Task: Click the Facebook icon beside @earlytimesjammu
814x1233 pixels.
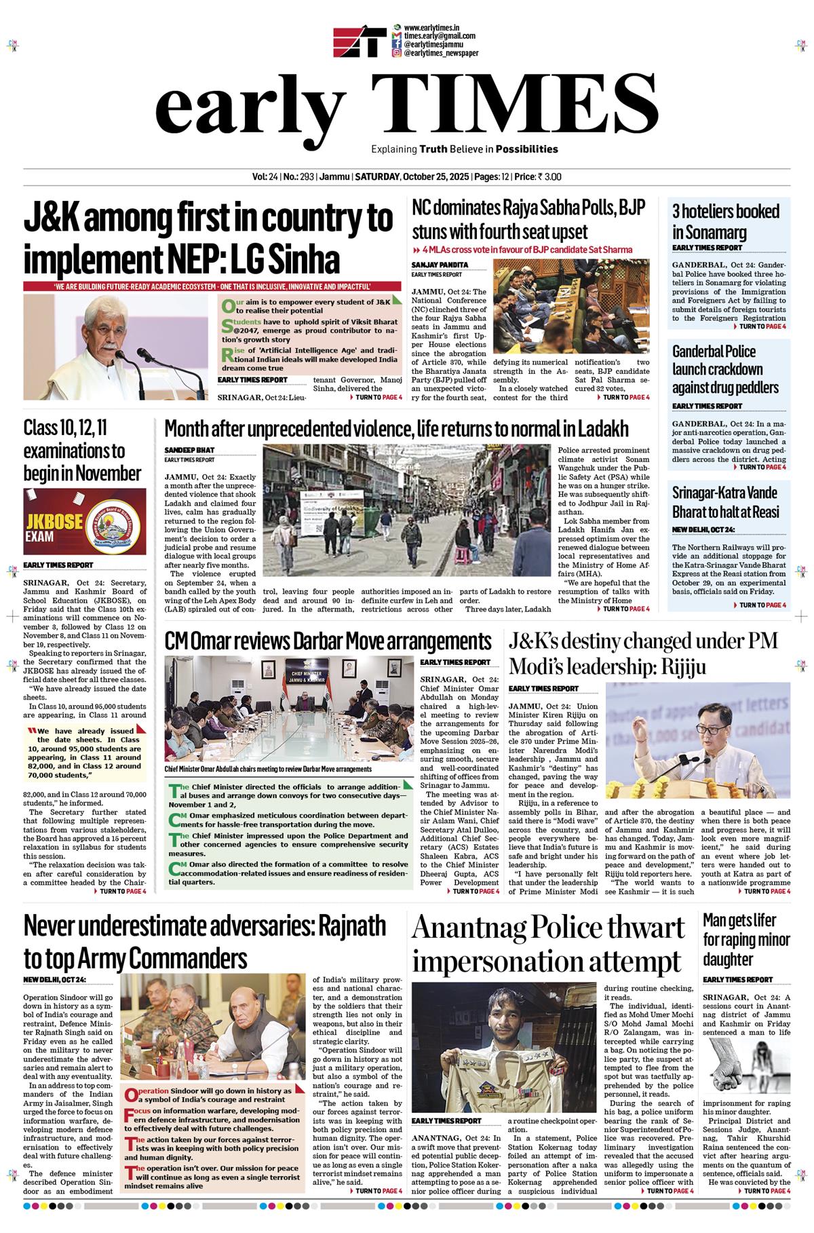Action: tap(397, 44)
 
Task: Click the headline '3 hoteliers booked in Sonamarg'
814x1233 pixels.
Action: tap(726, 221)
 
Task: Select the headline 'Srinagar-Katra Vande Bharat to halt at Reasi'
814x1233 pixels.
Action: tap(724, 501)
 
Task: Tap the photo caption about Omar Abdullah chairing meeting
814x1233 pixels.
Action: tap(268, 769)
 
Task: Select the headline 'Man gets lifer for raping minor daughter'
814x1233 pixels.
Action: tap(746, 940)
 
